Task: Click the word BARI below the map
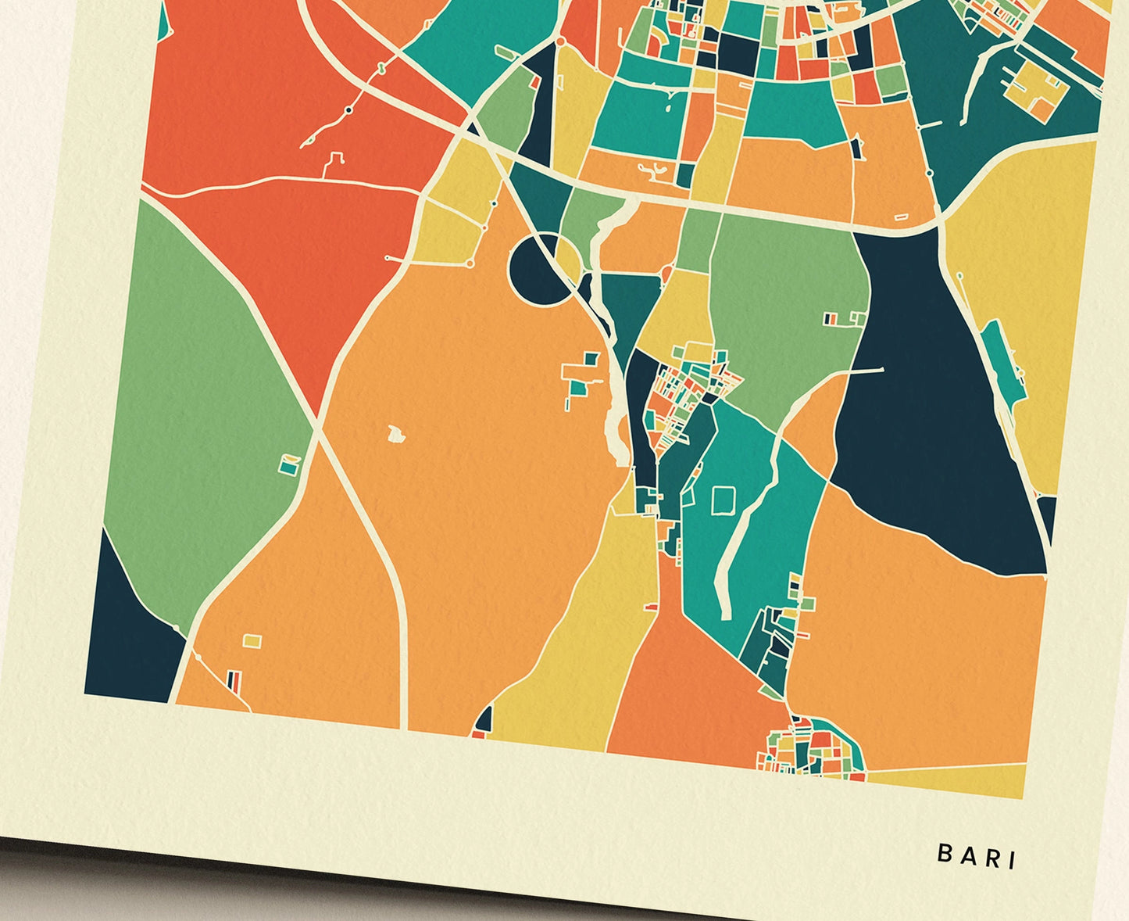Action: [x=977, y=855]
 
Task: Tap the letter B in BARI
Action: [x=944, y=853]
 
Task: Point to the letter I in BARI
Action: [x=1013, y=860]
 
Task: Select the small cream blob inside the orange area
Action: [x=397, y=432]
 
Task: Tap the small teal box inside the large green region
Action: [x=290, y=465]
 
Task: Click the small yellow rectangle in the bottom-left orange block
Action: [x=252, y=641]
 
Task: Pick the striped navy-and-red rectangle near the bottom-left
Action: [x=234, y=679]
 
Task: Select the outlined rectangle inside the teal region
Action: [x=723, y=500]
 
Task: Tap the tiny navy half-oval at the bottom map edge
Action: [x=484, y=719]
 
